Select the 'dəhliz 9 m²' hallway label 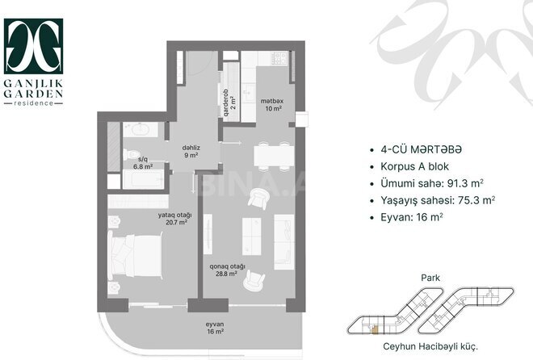point(190,152)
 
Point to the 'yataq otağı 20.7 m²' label point(173,218)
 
